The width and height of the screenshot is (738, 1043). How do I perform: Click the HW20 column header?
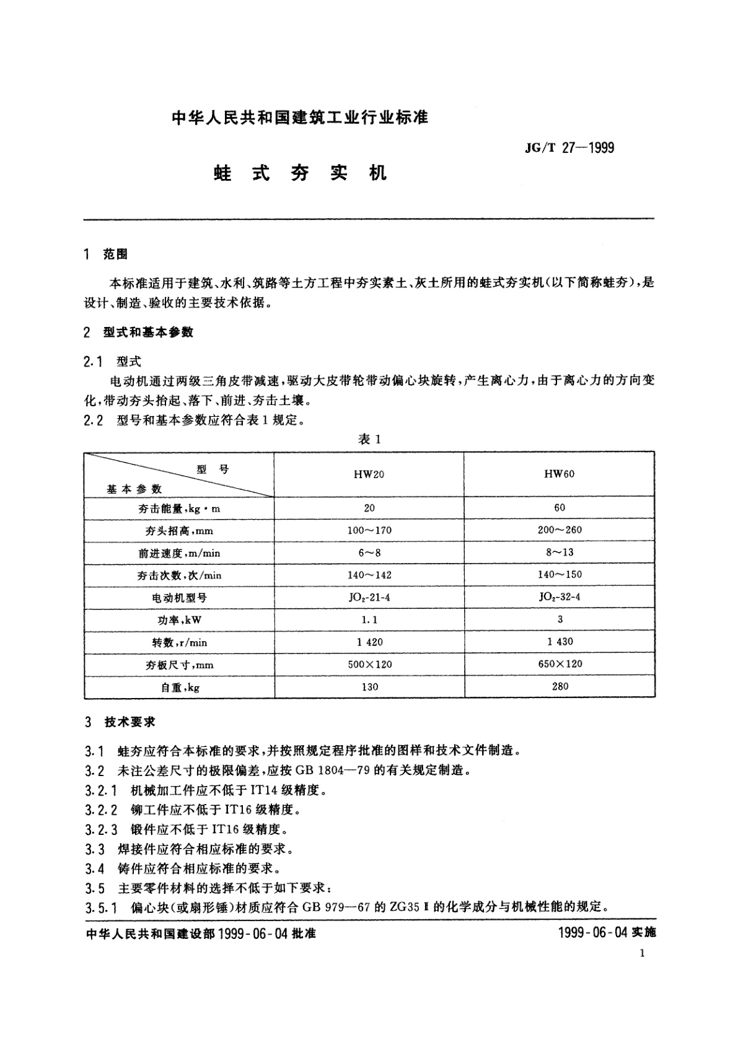[x=369, y=474]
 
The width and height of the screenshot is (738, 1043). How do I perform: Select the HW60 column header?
[x=560, y=474]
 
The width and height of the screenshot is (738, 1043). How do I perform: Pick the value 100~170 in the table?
[x=369, y=530]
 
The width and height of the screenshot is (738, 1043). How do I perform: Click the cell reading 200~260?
[x=560, y=530]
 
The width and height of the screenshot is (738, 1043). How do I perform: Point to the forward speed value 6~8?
[x=369, y=552]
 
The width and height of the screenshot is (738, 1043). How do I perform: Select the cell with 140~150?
[x=560, y=574]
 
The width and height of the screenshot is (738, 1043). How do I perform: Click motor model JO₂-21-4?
[x=369, y=597]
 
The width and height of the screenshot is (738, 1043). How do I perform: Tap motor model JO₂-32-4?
[x=560, y=596]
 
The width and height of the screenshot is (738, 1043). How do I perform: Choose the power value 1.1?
[x=369, y=619]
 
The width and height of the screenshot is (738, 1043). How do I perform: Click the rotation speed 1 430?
[x=560, y=641]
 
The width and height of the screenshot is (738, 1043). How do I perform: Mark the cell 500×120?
[x=369, y=664]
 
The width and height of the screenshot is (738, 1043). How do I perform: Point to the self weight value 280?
[x=560, y=686]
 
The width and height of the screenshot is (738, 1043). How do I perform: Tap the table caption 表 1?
[x=369, y=439]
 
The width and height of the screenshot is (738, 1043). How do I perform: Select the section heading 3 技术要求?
[x=120, y=722]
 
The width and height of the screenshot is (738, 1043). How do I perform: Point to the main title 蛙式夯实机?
[x=300, y=173]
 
